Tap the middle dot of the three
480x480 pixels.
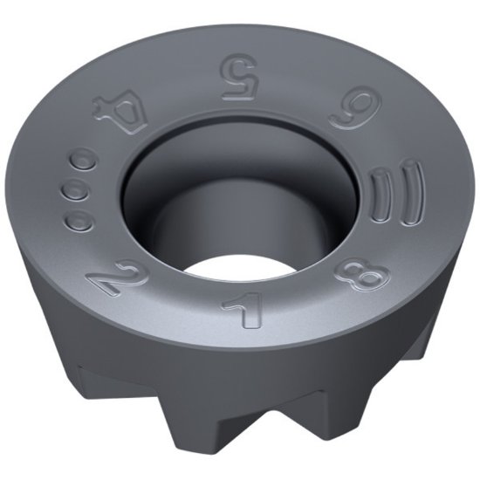click(x=77, y=190)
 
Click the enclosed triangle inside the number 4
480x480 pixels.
click(x=124, y=109)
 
